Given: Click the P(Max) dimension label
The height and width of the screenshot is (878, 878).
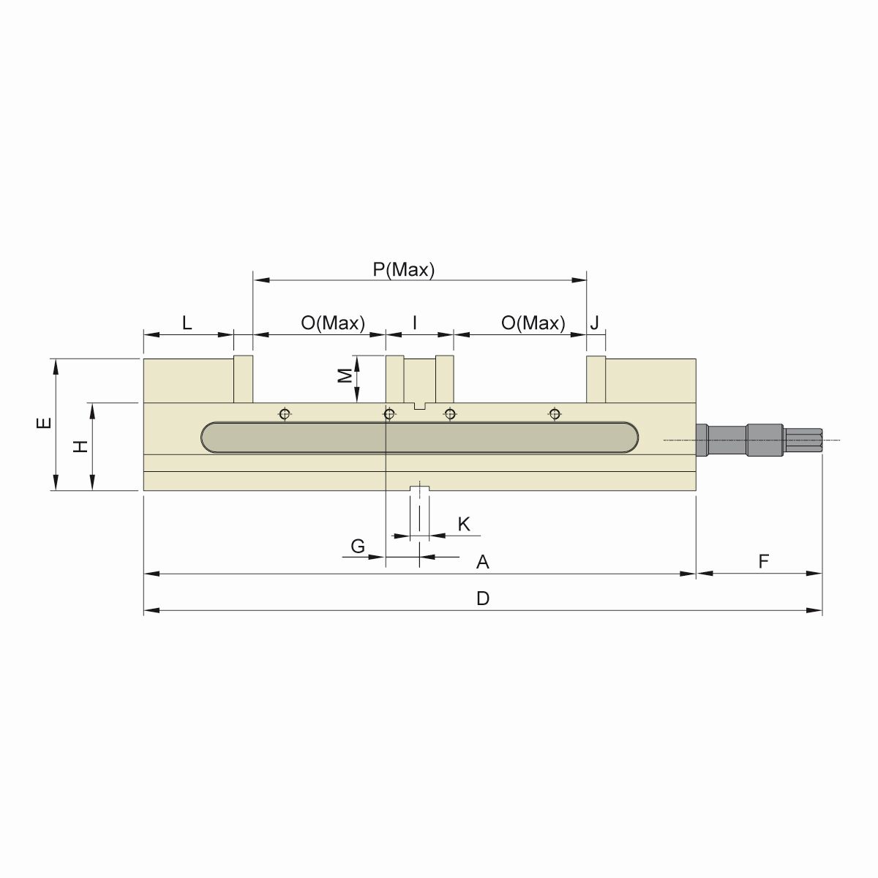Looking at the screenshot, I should point(404,269).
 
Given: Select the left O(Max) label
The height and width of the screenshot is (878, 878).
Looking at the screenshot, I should point(332,323).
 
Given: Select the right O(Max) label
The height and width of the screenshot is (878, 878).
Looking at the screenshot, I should point(533,323).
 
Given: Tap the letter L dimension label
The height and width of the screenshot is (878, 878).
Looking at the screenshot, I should point(187,323).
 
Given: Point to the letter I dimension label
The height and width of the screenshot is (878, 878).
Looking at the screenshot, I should point(415,323).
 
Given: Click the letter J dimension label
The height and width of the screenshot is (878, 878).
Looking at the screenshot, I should point(595,323).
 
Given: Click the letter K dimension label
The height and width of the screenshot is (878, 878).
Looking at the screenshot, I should point(464,524).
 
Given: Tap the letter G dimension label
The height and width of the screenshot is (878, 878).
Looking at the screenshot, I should point(358,546).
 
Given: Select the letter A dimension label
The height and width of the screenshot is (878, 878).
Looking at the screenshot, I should point(482,562).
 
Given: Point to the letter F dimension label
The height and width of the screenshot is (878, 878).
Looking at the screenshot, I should point(763,561).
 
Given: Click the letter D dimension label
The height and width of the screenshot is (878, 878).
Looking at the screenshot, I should point(482,599).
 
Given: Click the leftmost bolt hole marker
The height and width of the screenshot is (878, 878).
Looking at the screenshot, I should point(285,415).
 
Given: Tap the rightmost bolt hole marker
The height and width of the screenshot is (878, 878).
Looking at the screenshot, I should point(555,415).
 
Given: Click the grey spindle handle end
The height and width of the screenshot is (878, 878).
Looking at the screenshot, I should point(805,440).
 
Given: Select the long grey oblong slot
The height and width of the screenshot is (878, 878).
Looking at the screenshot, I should point(420,438).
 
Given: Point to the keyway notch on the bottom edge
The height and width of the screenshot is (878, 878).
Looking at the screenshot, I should point(419,488).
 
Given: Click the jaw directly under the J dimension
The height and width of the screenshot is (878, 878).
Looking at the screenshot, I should point(596,379).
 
